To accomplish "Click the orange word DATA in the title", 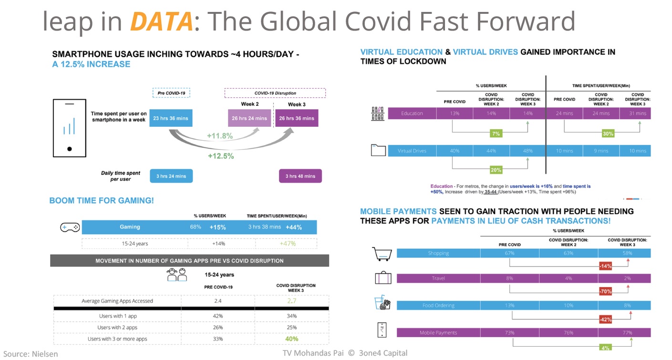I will [x=162, y=22].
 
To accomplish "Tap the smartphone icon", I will [x=70, y=128].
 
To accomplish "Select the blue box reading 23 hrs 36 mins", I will [x=171, y=118].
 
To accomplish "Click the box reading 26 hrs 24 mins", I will [x=249, y=118].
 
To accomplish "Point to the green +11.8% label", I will [x=220, y=136].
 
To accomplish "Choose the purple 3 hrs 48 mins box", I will [x=300, y=176].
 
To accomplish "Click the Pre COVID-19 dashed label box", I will [x=171, y=93].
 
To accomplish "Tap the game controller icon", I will [x=70, y=227].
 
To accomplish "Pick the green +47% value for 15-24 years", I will [x=286, y=244].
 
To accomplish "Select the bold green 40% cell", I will [x=291, y=339].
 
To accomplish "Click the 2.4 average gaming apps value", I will [x=218, y=301].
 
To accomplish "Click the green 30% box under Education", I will [x=608, y=134].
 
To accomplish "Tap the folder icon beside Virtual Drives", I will [x=378, y=151].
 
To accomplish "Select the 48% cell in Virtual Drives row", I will [x=527, y=151].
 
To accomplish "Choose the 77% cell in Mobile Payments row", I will [x=627, y=333].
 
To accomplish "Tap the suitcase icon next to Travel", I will [x=383, y=278].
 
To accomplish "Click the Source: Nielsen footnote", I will [x=31, y=354].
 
